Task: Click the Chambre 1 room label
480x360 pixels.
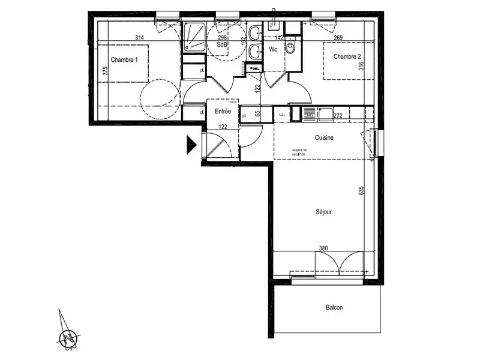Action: tap(124, 59)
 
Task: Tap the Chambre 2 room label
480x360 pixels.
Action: tap(348, 57)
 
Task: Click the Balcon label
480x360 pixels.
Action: tap(334, 307)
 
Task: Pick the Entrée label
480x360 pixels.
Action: tap(223, 112)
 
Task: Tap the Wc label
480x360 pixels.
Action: tap(273, 49)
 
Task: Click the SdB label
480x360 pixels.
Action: tap(222, 44)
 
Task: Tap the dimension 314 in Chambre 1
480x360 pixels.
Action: tap(140, 38)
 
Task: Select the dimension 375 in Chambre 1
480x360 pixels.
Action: tap(105, 71)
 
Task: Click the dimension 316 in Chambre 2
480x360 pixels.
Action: tap(361, 66)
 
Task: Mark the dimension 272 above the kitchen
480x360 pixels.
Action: tap(337, 115)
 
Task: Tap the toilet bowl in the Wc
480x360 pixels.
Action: tap(291, 48)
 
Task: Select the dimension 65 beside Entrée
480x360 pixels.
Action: tap(257, 113)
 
